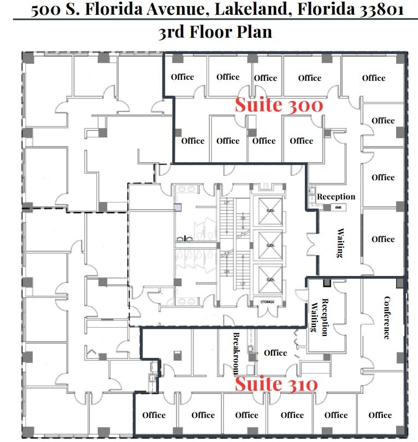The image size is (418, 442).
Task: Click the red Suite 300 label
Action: coord(279,105)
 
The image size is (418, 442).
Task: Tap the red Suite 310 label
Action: coord(276,384)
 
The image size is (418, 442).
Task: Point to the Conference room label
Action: coord(387,317)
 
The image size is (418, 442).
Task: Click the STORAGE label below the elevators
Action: coord(267,302)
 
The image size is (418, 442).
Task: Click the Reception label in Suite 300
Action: coord(336,197)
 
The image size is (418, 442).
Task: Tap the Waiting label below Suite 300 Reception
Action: coord(339,243)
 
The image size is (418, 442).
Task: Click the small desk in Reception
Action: coord(338,207)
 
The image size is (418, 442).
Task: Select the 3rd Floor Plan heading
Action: coord(215,32)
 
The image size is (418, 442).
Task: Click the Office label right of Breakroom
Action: coord(275,352)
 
